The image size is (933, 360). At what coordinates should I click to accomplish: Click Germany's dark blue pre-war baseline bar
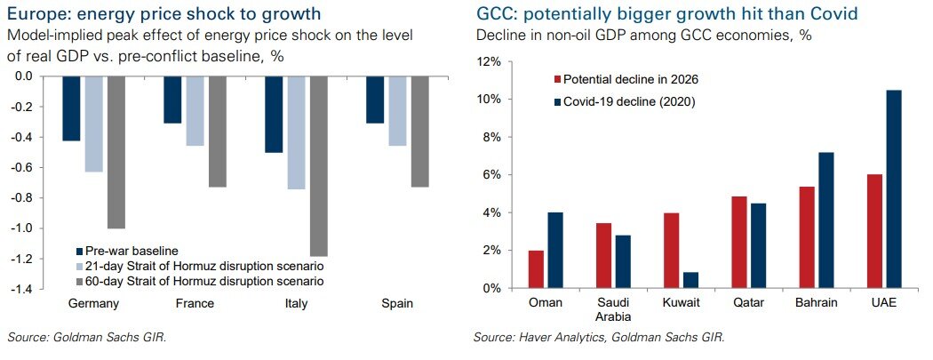(x=71, y=108)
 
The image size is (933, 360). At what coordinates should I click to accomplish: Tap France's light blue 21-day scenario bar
(x=195, y=111)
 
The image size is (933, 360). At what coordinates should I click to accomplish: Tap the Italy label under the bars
(x=299, y=304)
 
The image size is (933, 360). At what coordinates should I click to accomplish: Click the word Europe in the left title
(x=35, y=14)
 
